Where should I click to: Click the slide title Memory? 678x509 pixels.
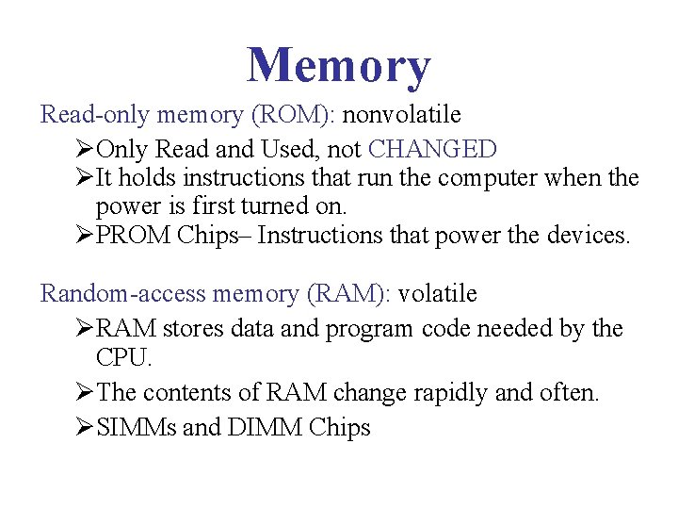[x=339, y=66]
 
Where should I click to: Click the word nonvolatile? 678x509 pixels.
[x=402, y=116]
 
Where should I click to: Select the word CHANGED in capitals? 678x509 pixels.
[x=432, y=149]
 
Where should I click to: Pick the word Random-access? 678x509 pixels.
[x=123, y=294]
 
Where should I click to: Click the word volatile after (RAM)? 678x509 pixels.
[x=438, y=294]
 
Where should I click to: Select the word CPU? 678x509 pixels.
[x=123, y=359]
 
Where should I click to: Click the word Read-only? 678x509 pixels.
[x=95, y=116]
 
